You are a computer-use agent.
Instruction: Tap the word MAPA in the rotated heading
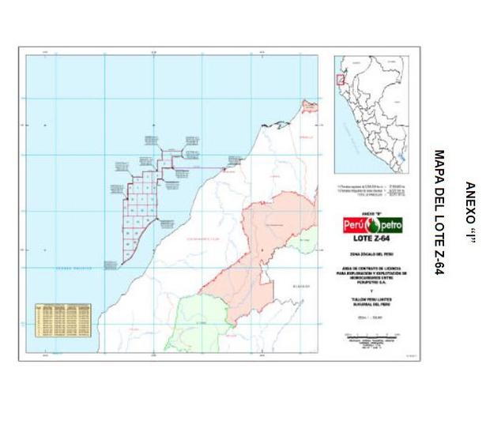point(439,167)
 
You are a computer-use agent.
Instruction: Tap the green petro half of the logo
point(388,225)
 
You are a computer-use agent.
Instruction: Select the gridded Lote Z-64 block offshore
point(138,209)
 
